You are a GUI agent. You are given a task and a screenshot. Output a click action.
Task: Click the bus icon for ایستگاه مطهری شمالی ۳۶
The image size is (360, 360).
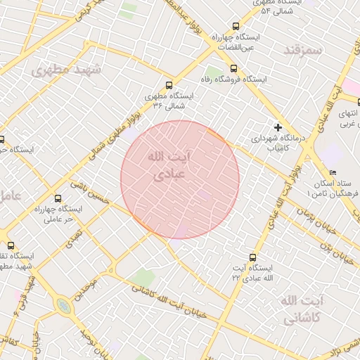coord(168,84)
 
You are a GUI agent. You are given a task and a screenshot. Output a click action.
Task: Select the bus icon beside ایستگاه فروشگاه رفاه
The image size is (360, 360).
coord(233,69)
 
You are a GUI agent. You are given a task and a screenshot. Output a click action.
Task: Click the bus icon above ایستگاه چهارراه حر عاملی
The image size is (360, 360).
coord(58,198)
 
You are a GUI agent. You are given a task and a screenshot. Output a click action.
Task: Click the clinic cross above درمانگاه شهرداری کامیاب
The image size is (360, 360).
coord(278,127)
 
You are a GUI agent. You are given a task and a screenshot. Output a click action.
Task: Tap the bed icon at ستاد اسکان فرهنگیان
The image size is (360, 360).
coord(333,173)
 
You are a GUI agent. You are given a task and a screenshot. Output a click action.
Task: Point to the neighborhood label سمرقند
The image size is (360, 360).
coord(303,51)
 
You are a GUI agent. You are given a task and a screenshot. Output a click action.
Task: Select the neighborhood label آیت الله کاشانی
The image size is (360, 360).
coord(303,310)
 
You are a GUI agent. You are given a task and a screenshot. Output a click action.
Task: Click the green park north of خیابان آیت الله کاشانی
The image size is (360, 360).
coord(145,277)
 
